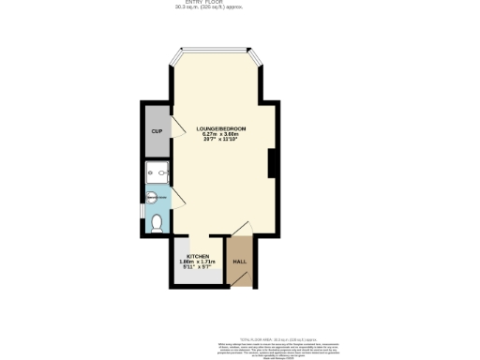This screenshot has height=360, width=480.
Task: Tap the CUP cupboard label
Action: (x=156, y=131)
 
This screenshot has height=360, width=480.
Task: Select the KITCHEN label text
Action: (x=197, y=256)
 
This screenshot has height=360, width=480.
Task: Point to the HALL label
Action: (x=239, y=262)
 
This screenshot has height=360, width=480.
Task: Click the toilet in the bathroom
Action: (x=157, y=223)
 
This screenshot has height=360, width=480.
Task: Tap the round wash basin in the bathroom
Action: (x=155, y=197)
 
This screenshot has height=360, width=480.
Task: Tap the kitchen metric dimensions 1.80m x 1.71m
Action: (x=198, y=262)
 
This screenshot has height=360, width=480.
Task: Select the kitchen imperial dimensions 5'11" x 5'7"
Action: (x=198, y=268)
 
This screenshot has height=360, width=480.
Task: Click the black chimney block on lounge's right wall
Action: (x=271, y=164)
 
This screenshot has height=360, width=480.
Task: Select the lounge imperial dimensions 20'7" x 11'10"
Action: (x=221, y=140)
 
